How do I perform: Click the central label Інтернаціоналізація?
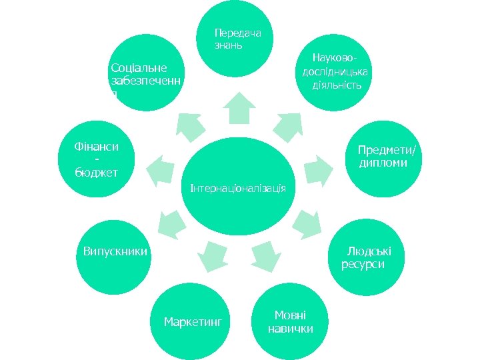pyautogui.click(x=238, y=188)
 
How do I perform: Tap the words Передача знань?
pyautogui.click(x=237, y=39)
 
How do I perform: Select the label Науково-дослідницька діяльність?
pyautogui.click(x=336, y=72)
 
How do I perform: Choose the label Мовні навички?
pyautogui.click(x=290, y=322)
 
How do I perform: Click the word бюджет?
pyautogui.click(x=97, y=173)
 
